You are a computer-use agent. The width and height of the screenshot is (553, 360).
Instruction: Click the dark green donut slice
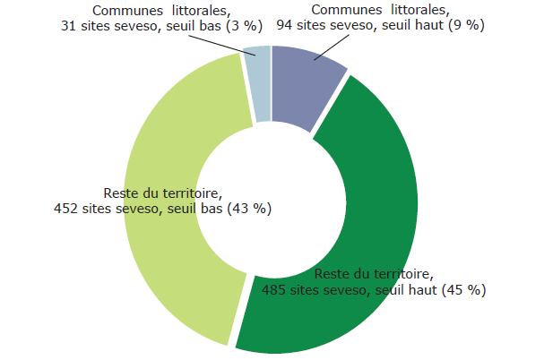pyautogui.click(x=376, y=179)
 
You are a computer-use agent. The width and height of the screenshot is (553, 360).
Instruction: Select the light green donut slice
pyautogui.click(x=161, y=269)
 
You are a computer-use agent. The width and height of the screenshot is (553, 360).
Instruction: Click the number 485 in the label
pyautogui.click(x=273, y=290)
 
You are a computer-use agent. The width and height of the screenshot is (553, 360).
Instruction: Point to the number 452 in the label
pyautogui.click(x=66, y=209)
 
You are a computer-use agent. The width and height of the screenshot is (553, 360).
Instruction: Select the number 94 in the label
pyautogui.click(x=285, y=26)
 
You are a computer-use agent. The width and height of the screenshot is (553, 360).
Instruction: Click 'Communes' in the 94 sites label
pyautogui.click(x=343, y=10)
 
